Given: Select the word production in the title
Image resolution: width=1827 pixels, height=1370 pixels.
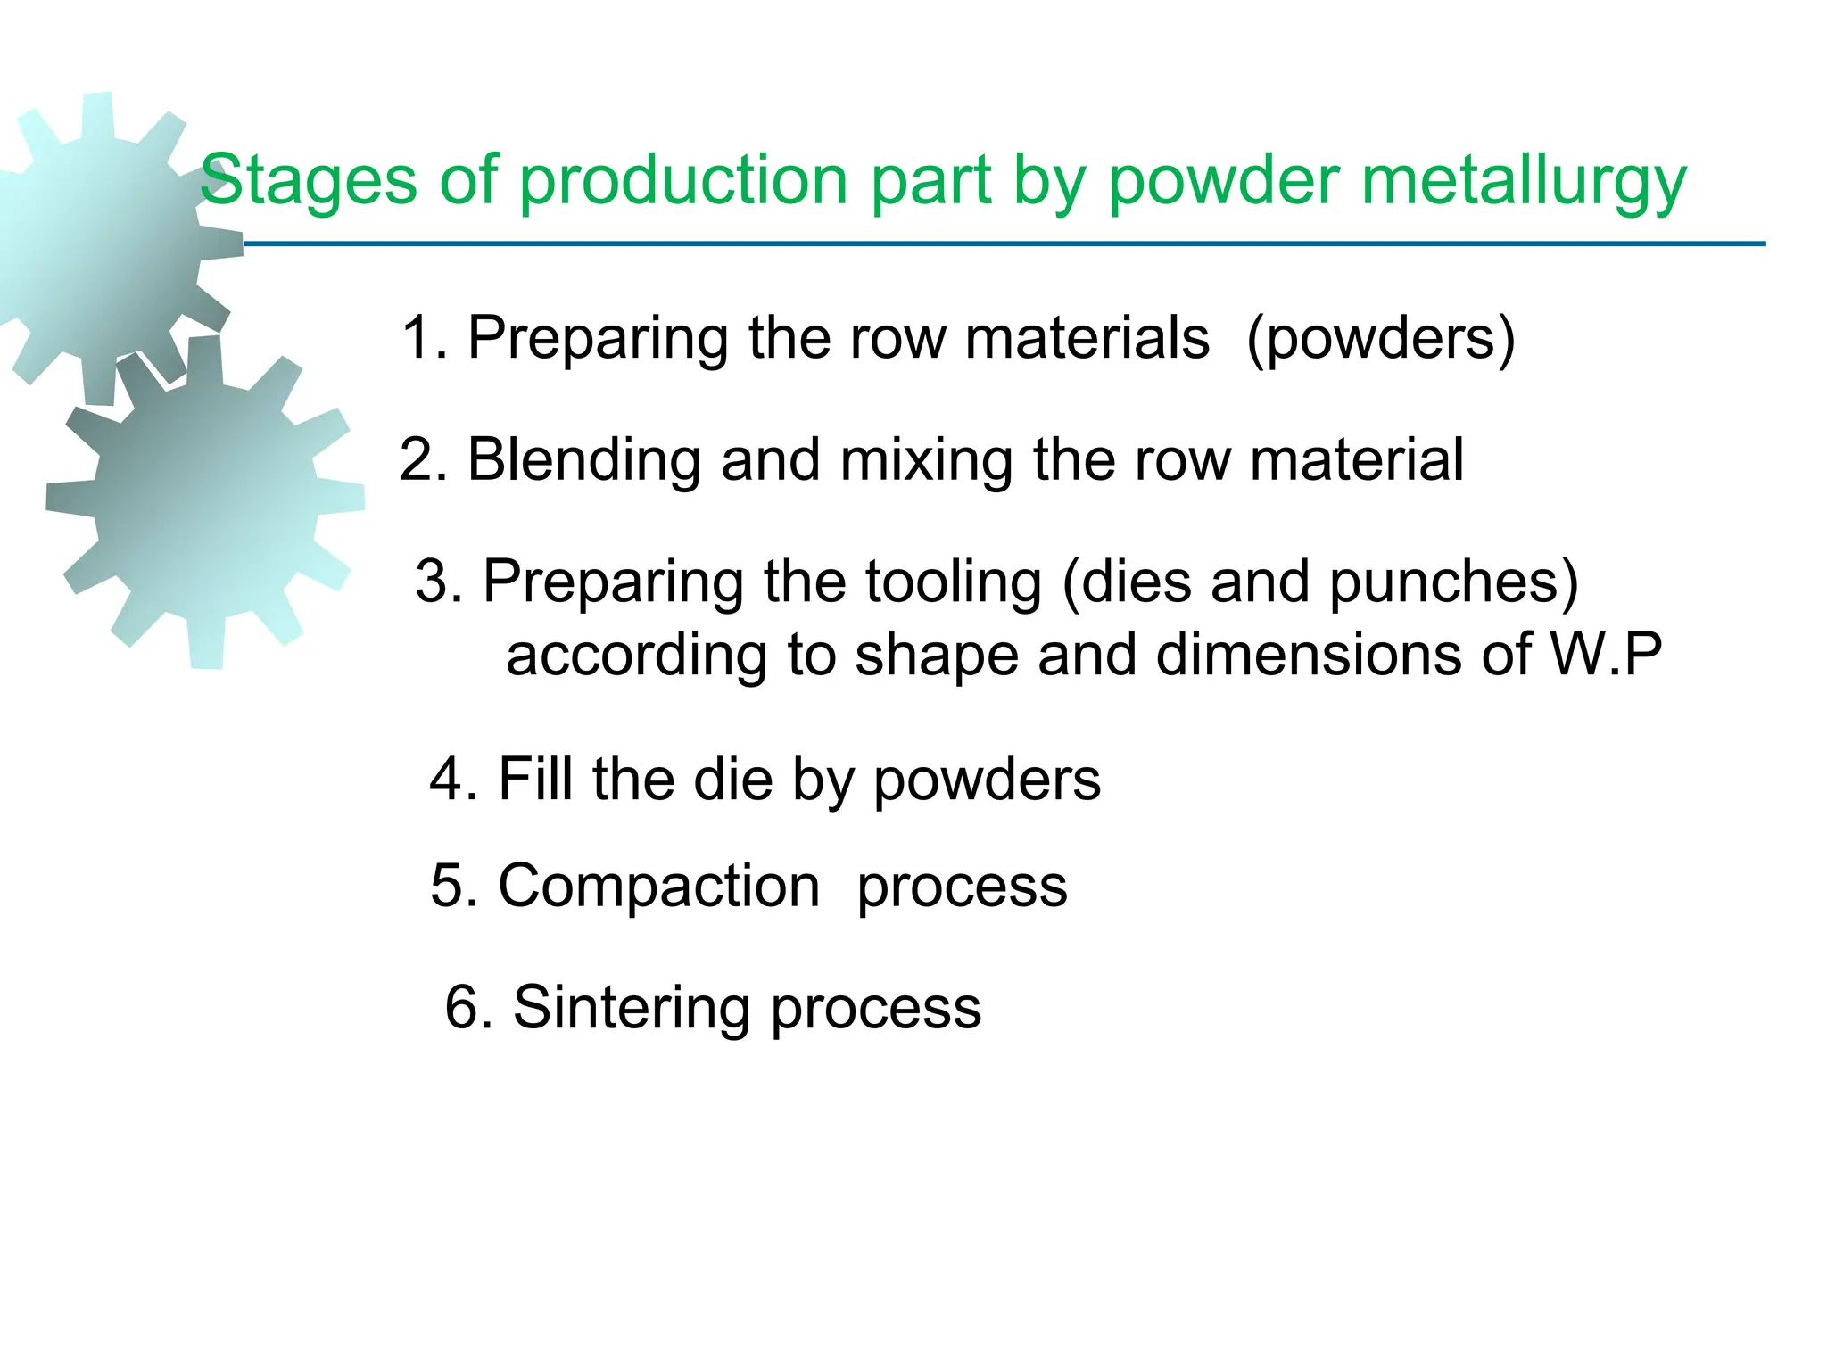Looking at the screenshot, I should point(683,180).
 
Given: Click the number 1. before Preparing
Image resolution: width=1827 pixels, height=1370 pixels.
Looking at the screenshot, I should point(426,338).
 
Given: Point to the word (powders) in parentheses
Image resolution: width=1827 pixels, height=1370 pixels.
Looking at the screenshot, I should point(1381,338).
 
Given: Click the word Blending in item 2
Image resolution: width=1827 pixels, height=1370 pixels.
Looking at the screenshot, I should point(583,460).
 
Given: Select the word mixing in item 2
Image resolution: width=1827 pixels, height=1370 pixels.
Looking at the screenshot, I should point(926,460).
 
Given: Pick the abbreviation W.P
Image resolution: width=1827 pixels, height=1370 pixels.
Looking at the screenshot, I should point(1607,655).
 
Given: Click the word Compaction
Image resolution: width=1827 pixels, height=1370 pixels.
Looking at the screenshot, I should point(658,887).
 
